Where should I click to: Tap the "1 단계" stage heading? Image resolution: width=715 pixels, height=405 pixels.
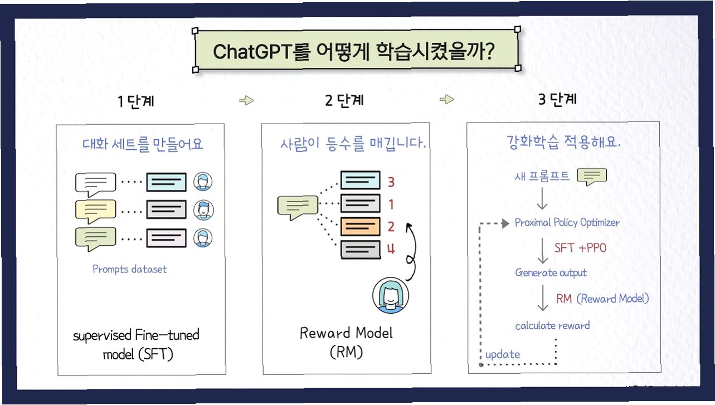[136, 101]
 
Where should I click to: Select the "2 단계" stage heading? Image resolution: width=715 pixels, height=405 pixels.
[344, 100]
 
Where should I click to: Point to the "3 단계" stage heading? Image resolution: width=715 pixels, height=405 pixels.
[557, 100]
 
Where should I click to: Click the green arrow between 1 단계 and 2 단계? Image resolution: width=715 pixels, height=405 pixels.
[246, 101]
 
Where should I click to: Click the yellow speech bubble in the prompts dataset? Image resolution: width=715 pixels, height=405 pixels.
[95, 211]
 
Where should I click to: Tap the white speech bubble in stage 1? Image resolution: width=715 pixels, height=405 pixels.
[95, 183]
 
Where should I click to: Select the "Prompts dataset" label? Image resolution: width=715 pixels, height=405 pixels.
[129, 269]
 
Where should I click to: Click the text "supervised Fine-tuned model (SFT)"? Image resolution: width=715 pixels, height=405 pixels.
[136, 344]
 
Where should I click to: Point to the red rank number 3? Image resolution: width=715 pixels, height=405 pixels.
[391, 182]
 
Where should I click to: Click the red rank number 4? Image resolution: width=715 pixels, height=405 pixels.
[391, 249]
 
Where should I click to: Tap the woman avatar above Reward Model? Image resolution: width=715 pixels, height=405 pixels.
[388, 296]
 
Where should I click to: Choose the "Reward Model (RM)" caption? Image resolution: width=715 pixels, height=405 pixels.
[346, 342]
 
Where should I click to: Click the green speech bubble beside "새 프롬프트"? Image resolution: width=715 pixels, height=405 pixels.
[591, 177]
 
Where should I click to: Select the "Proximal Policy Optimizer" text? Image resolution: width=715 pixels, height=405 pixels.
[567, 222]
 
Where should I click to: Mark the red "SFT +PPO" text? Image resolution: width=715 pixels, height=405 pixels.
[580, 248]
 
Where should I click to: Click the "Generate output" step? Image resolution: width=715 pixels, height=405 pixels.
[551, 272]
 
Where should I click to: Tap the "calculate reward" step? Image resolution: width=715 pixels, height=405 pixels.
[552, 325]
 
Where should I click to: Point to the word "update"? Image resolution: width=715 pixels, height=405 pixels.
[503, 354]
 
